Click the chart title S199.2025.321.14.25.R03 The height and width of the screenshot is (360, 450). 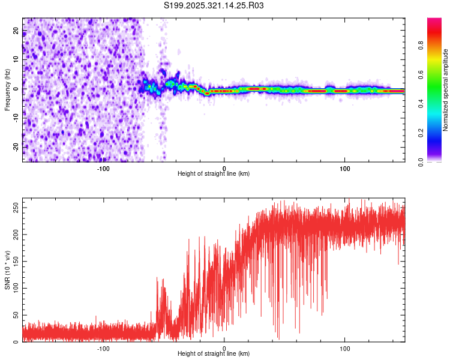coord(214,5)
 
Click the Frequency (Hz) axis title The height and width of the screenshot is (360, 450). coord(7,89)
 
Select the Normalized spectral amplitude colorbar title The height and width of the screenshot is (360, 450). coord(446,89)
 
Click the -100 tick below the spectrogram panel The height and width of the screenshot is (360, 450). coord(103,168)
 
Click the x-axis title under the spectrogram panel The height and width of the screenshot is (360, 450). coord(214,174)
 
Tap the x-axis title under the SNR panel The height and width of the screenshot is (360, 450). coord(214,354)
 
